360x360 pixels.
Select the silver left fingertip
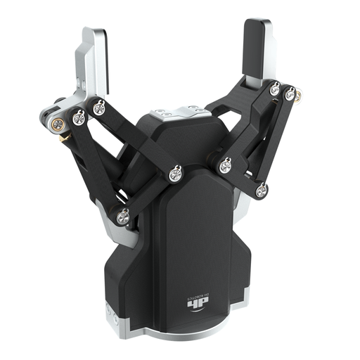[94, 60]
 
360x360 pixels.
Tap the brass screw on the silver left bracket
[60, 124]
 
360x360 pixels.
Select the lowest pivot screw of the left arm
[123, 216]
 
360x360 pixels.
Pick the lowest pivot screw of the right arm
[262, 189]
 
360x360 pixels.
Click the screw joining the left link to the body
[175, 172]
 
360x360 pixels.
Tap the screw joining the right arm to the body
[225, 166]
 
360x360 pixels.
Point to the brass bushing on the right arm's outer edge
[298, 94]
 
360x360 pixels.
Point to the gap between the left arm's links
[105, 162]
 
